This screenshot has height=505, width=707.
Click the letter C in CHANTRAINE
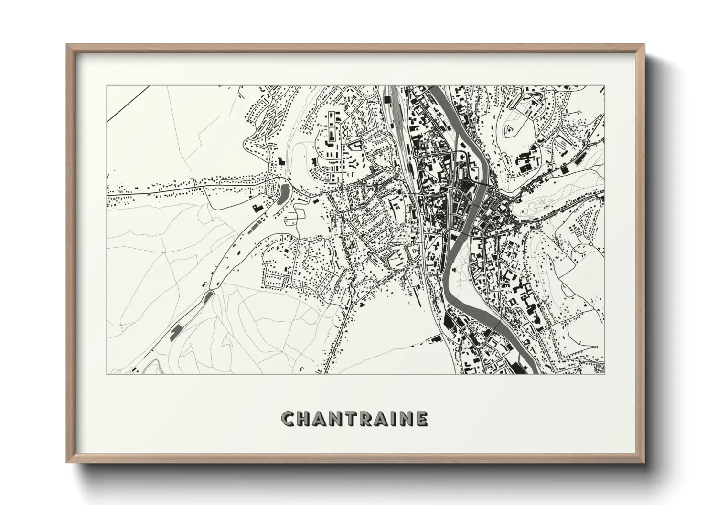click(289, 419)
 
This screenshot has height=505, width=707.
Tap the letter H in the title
click(306, 419)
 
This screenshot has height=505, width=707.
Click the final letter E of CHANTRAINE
click(421, 419)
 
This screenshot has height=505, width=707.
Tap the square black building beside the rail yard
click(387, 99)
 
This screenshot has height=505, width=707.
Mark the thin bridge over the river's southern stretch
click(497, 324)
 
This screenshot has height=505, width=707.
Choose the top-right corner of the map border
click(605, 86)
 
